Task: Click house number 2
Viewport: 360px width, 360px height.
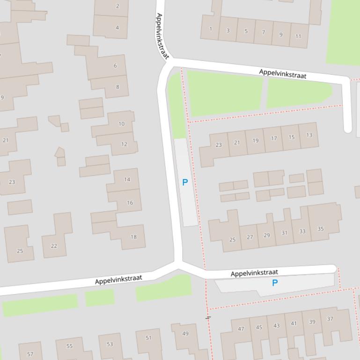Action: (x=117, y=6)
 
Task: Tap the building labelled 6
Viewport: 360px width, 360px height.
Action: (x=115, y=66)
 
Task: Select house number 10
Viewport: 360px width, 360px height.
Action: (x=121, y=124)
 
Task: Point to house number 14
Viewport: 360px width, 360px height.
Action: (x=127, y=180)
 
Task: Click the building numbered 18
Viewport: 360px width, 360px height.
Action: (x=133, y=237)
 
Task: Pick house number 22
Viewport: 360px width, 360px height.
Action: (x=54, y=246)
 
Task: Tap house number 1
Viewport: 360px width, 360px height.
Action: (x=210, y=29)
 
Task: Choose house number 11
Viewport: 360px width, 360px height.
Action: (x=298, y=36)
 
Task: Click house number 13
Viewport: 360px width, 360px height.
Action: (x=309, y=135)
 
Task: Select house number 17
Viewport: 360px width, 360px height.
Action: (x=273, y=138)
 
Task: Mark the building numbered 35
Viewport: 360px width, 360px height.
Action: (x=320, y=229)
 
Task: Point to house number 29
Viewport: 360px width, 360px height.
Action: (x=266, y=235)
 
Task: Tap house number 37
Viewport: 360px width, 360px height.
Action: (x=330, y=319)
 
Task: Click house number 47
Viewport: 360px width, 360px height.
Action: (x=241, y=329)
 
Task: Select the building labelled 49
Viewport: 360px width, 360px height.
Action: (x=185, y=333)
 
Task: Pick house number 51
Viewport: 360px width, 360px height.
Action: (x=148, y=338)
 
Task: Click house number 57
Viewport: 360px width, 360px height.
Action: (x=30, y=354)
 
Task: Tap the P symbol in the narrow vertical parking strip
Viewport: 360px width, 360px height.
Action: (x=185, y=182)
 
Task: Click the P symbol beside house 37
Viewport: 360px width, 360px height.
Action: (x=275, y=282)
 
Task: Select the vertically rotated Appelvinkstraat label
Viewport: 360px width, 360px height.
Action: (x=162, y=36)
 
